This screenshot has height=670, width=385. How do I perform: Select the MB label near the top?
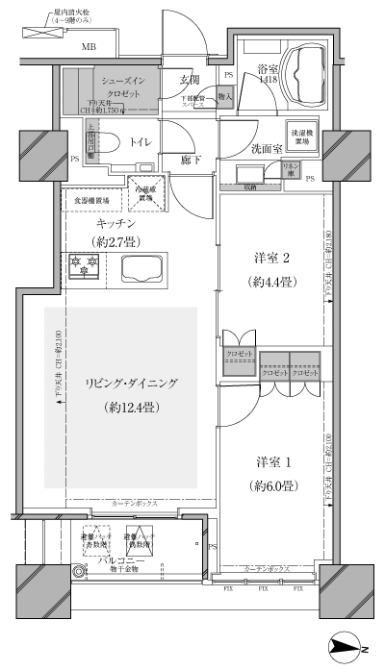click(89, 46)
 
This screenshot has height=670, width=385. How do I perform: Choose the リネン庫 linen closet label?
click(288, 170)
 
